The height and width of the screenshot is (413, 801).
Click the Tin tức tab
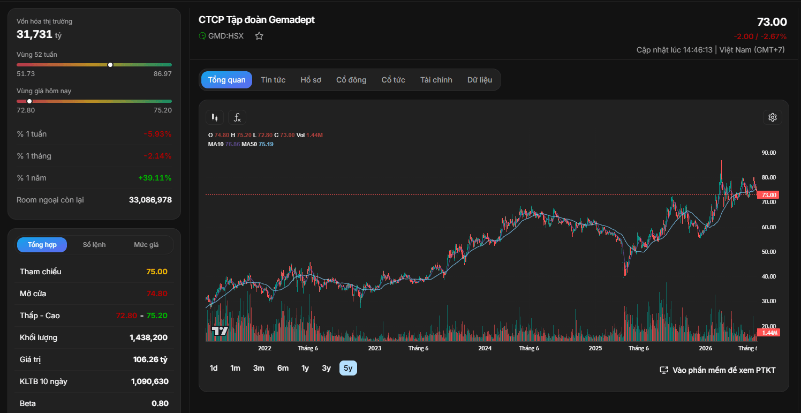[273, 80]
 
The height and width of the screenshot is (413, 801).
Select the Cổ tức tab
[393, 80]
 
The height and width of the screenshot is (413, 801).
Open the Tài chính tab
[436, 80]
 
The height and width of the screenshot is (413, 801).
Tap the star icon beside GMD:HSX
[259, 36]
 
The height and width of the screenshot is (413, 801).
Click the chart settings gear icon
[773, 117]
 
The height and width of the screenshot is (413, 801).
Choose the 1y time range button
[305, 368]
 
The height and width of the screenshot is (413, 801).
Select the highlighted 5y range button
[348, 368]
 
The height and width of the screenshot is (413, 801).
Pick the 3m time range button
[259, 368]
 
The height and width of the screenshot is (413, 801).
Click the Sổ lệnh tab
[94, 245]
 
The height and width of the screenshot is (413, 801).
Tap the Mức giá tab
[146, 245]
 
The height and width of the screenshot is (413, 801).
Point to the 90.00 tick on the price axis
[768, 153]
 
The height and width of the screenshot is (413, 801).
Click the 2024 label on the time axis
[485, 348]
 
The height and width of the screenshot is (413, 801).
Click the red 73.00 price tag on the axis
[768, 195]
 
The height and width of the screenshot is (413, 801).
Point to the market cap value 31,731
[34, 34]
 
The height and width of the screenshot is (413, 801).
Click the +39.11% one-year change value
[155, 178]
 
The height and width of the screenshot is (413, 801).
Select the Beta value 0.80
[160, 403]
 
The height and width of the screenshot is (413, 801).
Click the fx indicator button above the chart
[237, 117]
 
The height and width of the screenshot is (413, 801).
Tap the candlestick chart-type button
[215, 117]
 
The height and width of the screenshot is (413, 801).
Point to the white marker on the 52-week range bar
[110, 65]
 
